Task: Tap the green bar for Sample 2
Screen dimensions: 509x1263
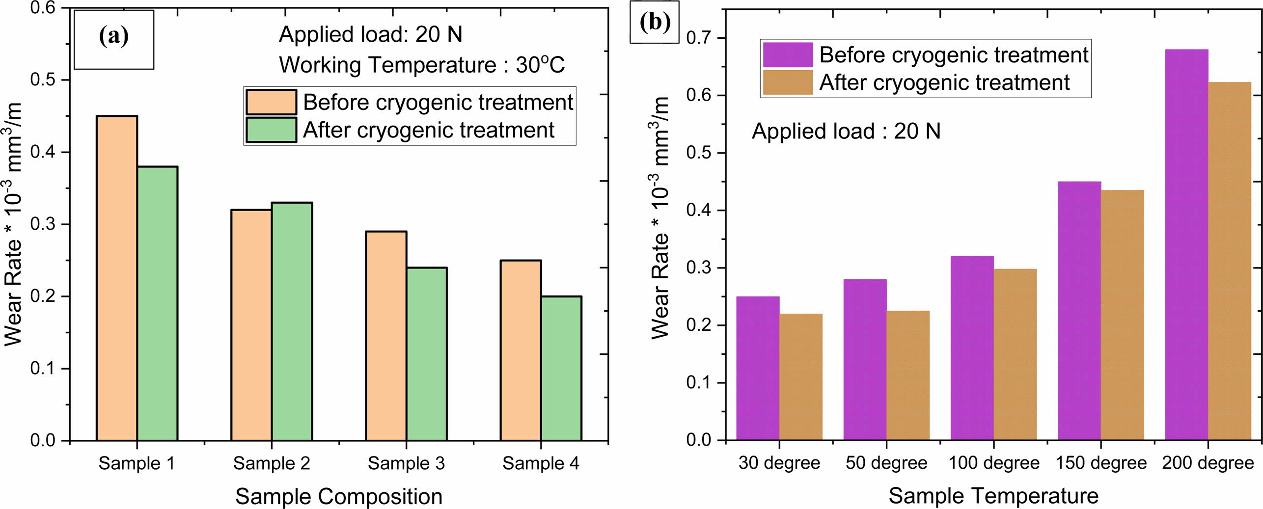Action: point(292,321)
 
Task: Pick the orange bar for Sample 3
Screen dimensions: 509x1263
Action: point(386,336)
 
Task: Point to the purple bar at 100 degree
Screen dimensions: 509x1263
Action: point(972,348)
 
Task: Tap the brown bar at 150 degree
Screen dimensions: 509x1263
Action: point(1122,315)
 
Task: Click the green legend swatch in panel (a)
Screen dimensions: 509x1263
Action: point(271,130)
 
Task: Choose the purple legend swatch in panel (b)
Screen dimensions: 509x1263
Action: point(787,54)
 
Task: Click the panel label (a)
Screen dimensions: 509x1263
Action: point(114,37)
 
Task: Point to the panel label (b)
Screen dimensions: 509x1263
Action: point(655,22)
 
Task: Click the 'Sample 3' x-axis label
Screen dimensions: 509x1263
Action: point(406,463)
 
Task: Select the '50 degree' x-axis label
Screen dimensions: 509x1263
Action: point(886,463)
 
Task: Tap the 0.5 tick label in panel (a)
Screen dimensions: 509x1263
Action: point(43,80)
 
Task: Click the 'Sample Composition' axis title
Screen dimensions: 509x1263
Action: point(339,496)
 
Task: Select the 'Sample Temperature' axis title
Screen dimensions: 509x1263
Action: point(993,496)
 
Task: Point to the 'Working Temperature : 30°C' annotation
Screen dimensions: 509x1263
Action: point(421,65)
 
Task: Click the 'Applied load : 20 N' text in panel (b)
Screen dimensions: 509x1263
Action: point(846,132)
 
